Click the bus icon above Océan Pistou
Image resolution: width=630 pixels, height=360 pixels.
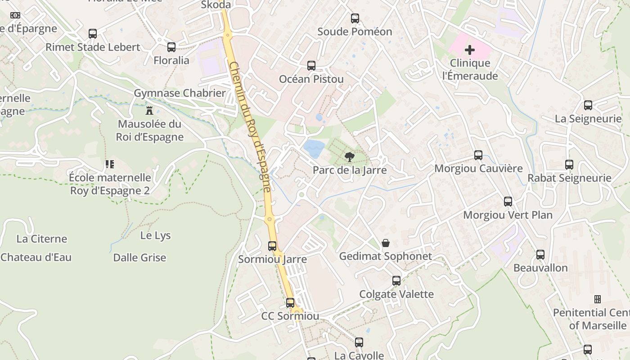click(311, 66)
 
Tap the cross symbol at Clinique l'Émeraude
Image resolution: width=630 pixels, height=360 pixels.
click(470, 49)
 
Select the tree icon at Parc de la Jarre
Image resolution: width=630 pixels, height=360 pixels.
click(349, 157)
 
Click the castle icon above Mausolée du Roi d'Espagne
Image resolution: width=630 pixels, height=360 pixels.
click(149, 110)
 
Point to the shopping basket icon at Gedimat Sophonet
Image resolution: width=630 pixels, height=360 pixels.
click(386, 243)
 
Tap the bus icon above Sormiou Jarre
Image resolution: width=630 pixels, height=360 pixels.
click(272, 246)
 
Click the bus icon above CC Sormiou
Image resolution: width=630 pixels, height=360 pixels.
click(290, 303)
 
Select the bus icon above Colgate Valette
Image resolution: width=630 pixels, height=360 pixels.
click(396, 281)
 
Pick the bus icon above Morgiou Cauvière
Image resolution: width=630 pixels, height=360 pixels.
click(478, 155)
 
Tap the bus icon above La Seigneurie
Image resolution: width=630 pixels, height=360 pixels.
click(588, 105)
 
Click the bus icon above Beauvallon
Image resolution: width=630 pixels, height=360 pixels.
click(540, 255)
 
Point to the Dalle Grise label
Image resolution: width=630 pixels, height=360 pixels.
click(139, 258)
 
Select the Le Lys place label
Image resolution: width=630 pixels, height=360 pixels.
click(155, 235)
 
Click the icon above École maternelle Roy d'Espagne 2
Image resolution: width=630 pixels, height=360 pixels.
click(110, 164)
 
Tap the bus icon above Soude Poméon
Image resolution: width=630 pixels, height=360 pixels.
click(355, 18)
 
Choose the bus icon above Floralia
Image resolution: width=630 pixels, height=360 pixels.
click(171, 47)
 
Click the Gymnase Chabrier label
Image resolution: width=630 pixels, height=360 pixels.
click(180, 93)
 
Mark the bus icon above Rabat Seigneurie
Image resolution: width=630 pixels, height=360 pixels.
click(569, 165)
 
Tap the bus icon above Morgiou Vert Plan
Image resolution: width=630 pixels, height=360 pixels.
click(508, 202)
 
